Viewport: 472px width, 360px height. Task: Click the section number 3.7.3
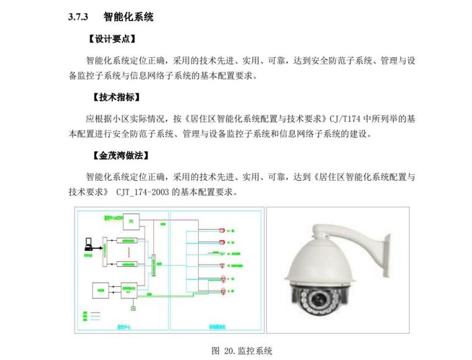coord(79,17)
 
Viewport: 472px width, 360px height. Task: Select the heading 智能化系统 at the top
coord(129,17)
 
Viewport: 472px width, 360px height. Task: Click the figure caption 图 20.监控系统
coord(242,351)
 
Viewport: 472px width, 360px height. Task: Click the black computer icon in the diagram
coord(88,243)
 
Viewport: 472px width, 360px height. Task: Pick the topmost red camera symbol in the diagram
coord(222,230)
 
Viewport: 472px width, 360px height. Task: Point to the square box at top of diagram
coord(132,221)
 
